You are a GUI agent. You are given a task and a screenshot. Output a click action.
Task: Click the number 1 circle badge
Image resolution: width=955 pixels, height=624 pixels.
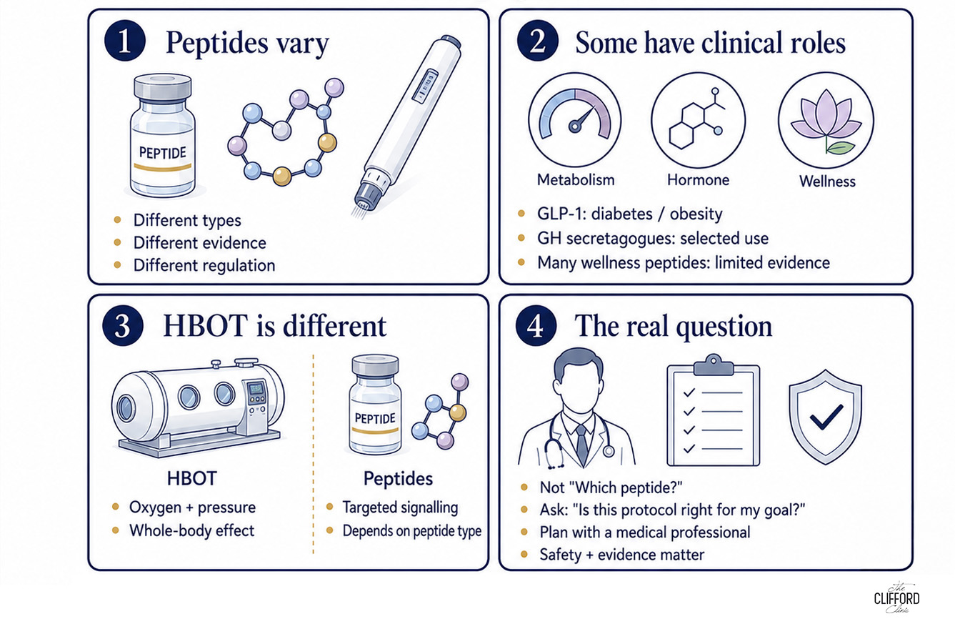125,41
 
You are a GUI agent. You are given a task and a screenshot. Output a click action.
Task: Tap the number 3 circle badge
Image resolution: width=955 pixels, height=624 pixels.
123,325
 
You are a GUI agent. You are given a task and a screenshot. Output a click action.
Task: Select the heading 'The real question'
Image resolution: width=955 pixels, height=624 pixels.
673,327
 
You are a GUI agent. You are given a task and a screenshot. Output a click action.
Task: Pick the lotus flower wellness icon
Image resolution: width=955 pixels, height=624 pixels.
826,120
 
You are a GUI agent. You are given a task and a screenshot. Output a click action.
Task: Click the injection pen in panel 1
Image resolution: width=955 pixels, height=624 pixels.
407,124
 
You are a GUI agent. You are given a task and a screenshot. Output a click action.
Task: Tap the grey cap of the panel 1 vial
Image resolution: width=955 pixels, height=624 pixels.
162,87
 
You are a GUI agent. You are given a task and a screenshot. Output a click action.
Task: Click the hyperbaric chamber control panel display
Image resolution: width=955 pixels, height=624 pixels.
256,389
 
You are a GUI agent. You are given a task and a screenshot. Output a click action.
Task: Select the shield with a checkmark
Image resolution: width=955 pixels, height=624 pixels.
826,417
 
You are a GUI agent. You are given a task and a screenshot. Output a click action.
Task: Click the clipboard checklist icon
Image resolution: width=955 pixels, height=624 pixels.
714,410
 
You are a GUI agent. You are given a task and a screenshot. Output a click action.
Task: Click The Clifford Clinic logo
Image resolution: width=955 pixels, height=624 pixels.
896,598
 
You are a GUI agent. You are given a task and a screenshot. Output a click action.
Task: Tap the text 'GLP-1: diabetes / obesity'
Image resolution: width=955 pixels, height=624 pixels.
630,214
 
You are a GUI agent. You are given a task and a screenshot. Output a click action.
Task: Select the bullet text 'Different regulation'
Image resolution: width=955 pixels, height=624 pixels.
204,265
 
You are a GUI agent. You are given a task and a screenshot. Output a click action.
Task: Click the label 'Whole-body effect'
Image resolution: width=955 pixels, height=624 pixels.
192,530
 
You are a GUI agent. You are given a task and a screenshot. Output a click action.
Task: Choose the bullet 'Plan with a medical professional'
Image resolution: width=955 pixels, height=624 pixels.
644,533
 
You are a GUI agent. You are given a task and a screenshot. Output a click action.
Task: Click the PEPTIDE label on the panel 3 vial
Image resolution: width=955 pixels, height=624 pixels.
375,418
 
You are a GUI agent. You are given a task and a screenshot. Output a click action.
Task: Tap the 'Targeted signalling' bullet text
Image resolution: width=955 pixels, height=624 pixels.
400,507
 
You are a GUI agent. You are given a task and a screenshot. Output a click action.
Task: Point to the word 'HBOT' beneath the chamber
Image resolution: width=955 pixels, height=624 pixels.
192,479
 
